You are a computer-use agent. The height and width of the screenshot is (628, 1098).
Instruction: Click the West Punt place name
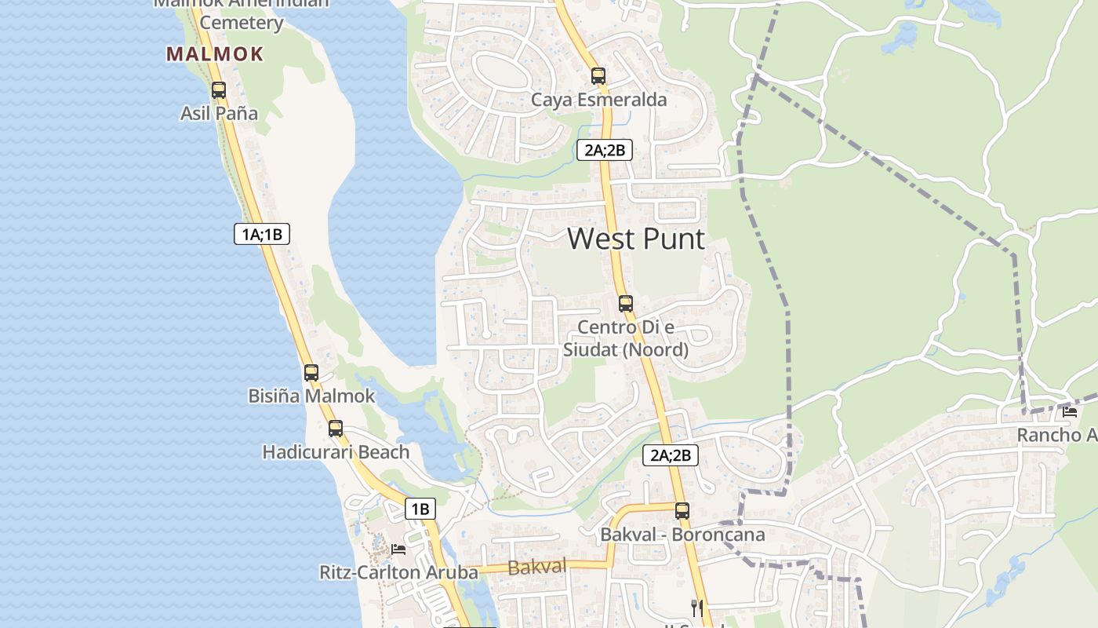tap(636, 239)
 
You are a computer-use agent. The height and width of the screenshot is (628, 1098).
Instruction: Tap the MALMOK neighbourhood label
tap(215, 54)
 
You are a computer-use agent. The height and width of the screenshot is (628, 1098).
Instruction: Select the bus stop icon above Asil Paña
tap(219, 90)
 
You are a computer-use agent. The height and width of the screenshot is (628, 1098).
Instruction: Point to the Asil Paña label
tap(219, 113)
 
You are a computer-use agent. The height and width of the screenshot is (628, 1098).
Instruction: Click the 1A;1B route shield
tap(263, 233)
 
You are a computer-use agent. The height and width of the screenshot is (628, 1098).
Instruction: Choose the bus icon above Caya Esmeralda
tap(598, 76)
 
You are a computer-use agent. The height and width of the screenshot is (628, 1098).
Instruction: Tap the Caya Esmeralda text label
tap(598, 100)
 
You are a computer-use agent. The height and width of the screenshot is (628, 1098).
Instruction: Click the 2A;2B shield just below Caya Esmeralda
tap(604, 150)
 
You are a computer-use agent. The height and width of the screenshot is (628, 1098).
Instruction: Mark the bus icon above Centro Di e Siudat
tap(625, 303)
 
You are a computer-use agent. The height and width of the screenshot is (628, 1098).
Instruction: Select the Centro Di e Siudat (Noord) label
tap(625, 338)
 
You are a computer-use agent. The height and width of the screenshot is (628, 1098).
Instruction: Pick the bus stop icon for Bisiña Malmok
tap(311, 373)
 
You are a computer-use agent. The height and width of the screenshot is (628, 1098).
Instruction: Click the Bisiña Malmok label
tap(312, 396)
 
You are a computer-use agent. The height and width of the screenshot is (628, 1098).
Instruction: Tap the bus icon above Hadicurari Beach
tap(336, 429)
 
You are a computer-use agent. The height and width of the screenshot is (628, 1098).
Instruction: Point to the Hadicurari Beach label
tap(336, 452)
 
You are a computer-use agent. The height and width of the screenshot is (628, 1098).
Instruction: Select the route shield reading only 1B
tap(420, 509)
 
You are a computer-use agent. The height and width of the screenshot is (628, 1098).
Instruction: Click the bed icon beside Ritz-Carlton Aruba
tap(398, 549)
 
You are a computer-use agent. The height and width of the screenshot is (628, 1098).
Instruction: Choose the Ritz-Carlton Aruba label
tap(398, 572)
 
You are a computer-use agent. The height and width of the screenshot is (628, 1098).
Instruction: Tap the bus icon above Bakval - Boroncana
tap(682, 511)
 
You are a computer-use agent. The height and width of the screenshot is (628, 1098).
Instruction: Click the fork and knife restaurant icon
tap(696, 607)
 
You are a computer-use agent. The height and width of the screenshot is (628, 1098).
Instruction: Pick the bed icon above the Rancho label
tap(1069, 411)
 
